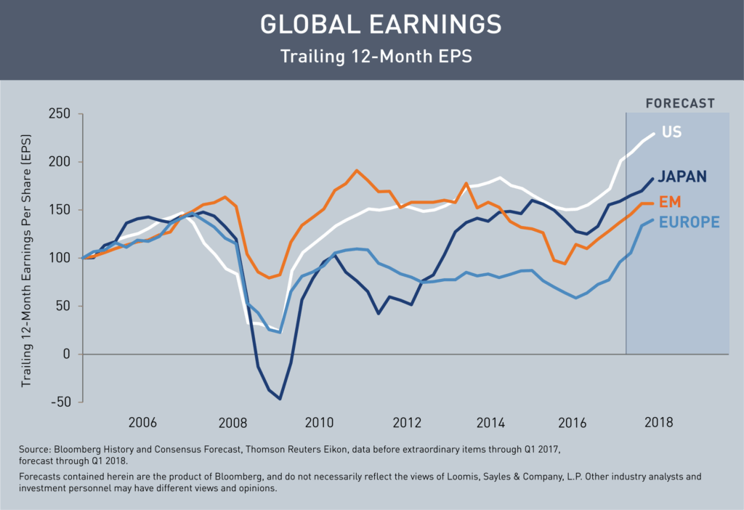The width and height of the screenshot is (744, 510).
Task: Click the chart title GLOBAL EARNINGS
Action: point(381,25)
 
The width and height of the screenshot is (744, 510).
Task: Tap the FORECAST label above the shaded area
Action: point(680,103)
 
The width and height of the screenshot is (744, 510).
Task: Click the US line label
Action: point(672,132)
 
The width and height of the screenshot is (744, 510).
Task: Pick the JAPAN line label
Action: point(684,177)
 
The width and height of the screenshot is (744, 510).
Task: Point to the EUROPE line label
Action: point(690,222)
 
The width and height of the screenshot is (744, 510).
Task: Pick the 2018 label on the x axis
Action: point(658,422)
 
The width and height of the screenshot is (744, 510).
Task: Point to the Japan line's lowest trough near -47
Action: point(280,398)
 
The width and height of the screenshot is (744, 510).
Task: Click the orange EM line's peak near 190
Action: point(357,171)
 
